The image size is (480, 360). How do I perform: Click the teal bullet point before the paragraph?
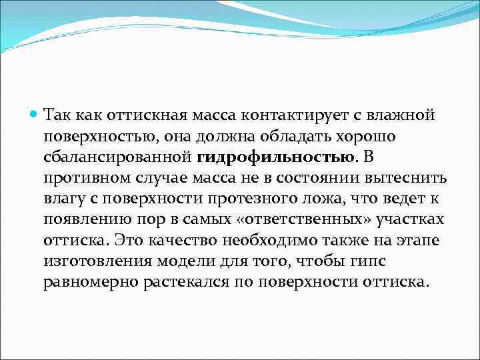[x=35, y=115]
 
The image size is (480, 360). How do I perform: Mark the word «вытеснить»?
[x=410, y=178]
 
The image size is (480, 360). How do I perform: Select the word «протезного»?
[x=221, y=199]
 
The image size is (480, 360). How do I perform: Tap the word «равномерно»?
[x=90, y=281]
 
